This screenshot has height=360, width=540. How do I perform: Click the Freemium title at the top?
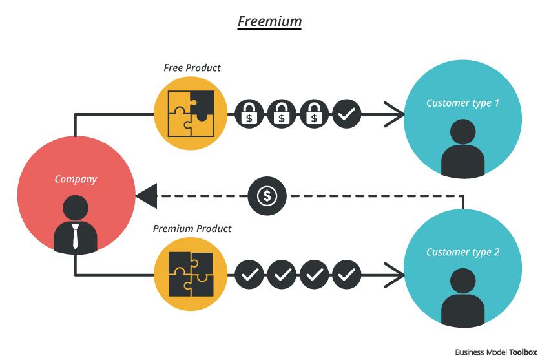click(x=269, y=21)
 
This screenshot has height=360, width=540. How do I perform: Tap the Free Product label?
click(x=192, y=68)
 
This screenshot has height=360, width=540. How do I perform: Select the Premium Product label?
click(x=192, y=229)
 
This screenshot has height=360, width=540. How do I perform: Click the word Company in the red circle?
click(x=76, y=179)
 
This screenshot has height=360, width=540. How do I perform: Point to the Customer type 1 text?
click(x=462, y=103)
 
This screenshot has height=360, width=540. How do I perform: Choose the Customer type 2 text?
click(x=462, y=252)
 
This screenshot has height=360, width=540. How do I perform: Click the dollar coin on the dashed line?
click(x=267, y=195)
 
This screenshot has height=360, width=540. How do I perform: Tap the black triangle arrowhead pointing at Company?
click(x=147, y=195)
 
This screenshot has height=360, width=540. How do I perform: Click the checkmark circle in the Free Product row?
click(x=347, y=115)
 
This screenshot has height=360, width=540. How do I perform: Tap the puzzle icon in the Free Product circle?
click(x=191, y=114)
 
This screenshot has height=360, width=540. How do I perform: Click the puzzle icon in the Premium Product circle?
click(x=191, y=274)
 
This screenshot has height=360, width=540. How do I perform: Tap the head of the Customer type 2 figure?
click(x=462, y=282)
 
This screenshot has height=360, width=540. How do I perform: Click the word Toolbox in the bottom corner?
click(x=522, y=352)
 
